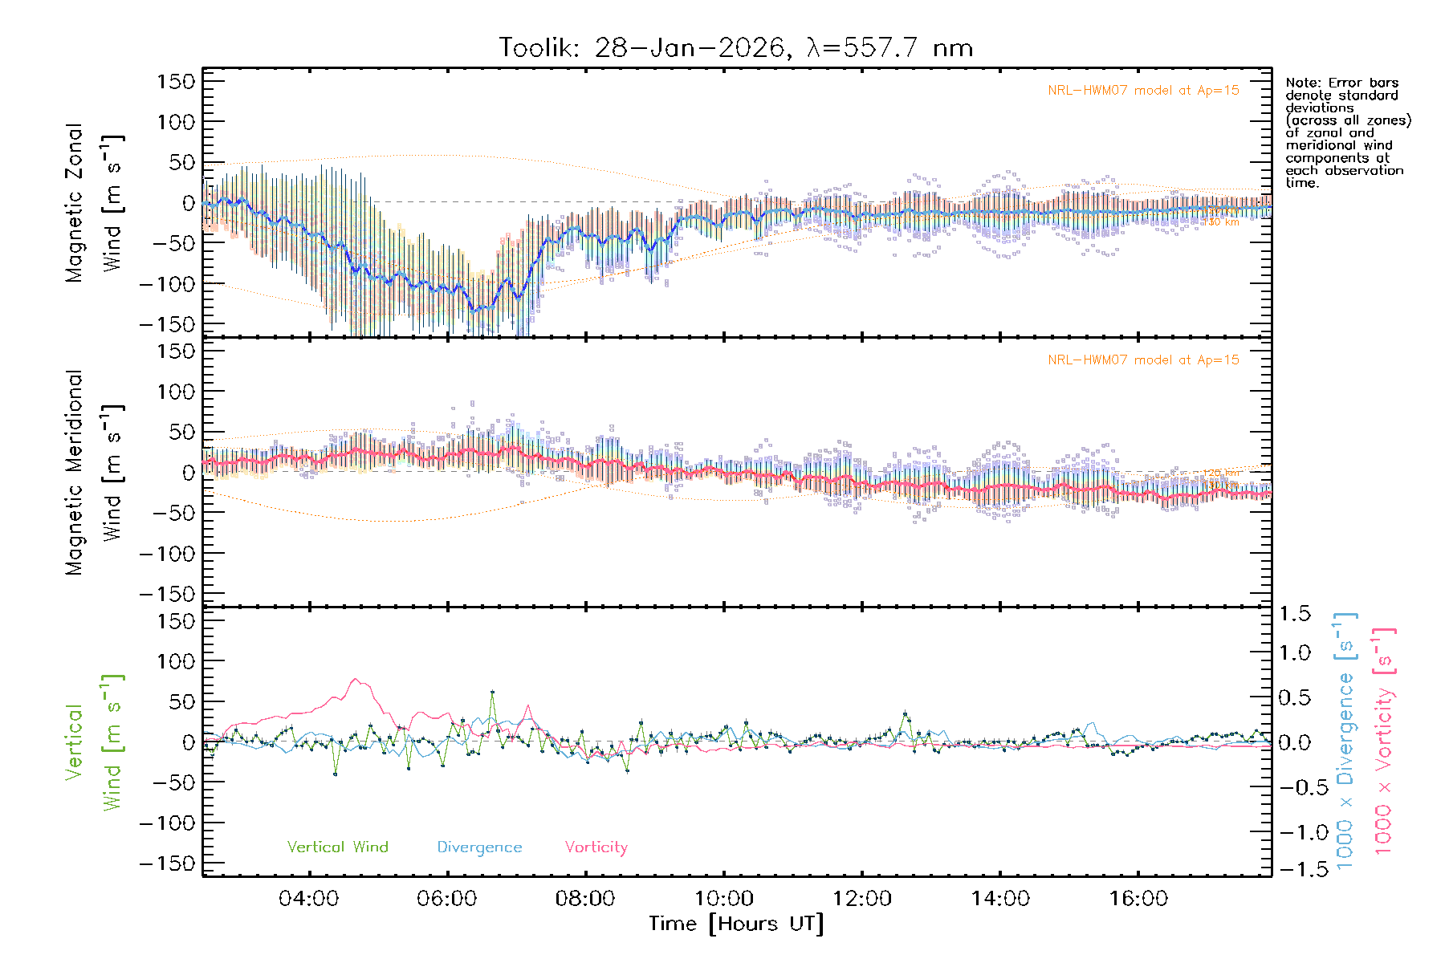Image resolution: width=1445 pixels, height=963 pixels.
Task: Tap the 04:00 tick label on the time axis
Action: click(x=308, y=899)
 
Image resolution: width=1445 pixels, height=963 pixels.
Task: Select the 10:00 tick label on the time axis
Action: click(x=723, y=899)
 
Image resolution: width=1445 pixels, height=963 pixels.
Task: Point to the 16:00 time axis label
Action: click(x=1138, y=899)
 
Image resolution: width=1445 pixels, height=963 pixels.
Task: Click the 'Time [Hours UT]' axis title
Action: click(x=736, y=924)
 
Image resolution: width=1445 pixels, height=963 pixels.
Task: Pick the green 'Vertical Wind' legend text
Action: click(x=337, y=847)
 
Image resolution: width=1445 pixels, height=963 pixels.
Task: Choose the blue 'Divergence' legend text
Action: click(x=479, y=847)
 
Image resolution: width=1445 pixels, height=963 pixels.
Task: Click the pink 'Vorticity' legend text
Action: click(x=596, y=847)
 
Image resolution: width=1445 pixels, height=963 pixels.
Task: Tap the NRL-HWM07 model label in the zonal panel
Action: click(x=1143, y=91)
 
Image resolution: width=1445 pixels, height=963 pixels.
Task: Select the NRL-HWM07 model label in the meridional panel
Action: click(x=1143, y=360)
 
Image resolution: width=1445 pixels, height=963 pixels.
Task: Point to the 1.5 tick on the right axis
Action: click(x=1295, y=614)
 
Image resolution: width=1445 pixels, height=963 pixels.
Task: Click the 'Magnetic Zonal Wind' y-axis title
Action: click(x=95, y=203)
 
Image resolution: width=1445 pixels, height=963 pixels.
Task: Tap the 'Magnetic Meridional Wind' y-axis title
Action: click(x=95, y=473)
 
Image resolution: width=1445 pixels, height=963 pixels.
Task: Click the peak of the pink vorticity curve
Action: click(x=356, y=679)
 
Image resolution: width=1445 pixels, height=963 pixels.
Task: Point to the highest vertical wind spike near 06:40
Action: click(x=492, y=692)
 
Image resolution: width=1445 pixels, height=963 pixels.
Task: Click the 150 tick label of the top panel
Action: click(x=176, y=82)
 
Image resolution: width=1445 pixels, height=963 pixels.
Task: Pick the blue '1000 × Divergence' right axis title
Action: click(x=1345, y=740)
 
